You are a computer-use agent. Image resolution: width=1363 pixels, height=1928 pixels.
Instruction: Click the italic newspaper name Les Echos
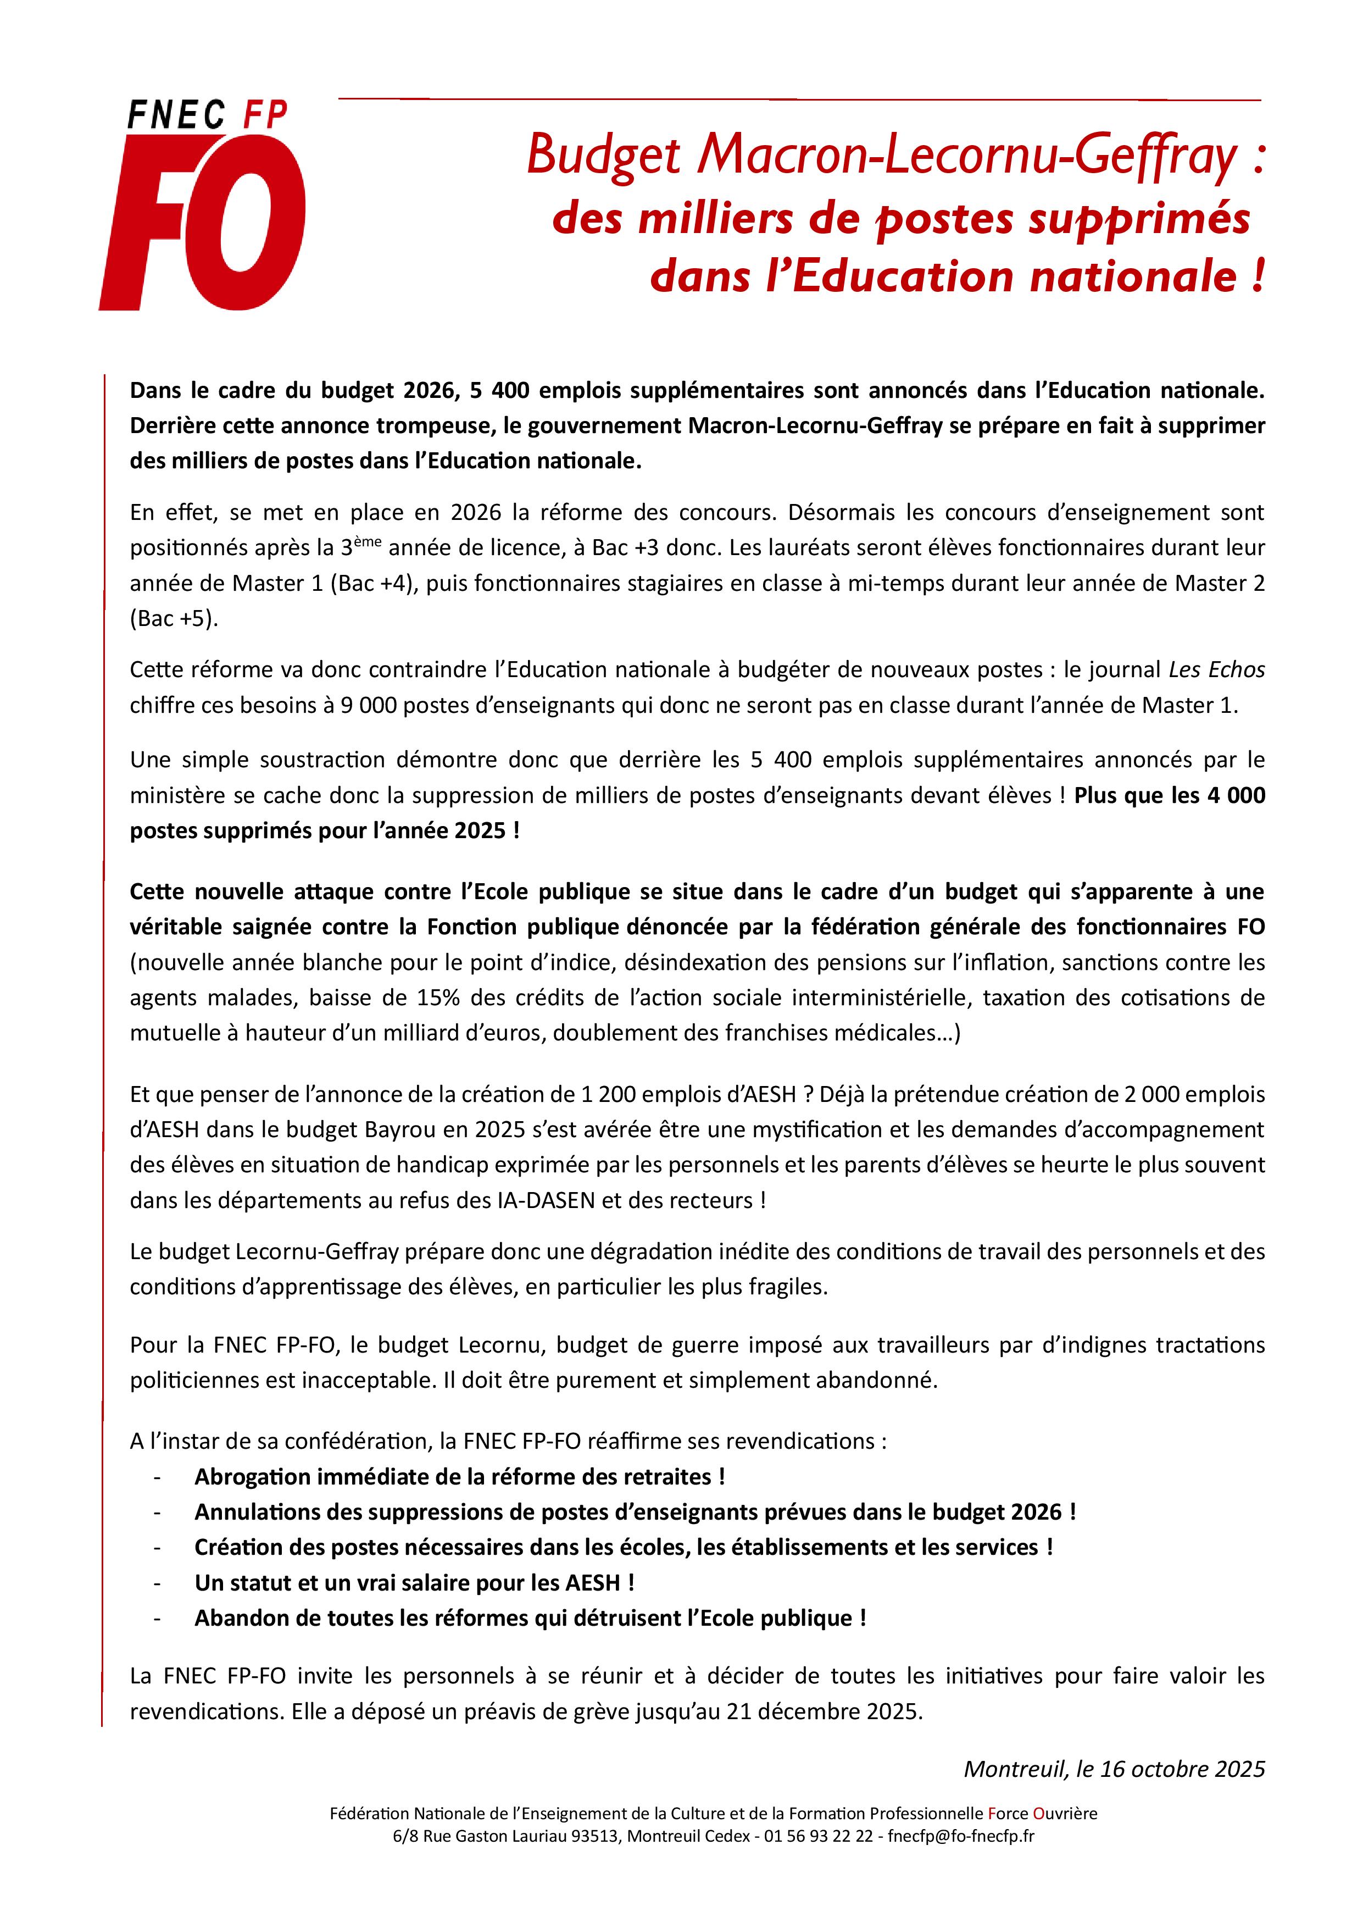(x=1216, y=670)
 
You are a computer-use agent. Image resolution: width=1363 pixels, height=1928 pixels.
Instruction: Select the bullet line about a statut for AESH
(x=414, y=1582)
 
